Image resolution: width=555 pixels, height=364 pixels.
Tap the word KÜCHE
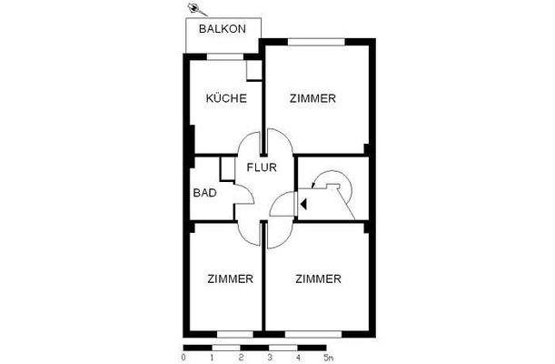225,98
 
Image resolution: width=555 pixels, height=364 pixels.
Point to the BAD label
203,193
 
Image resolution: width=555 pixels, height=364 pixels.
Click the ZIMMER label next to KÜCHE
314,98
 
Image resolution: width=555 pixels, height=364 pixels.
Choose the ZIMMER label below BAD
229,278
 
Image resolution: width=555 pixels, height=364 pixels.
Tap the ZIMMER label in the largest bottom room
318,278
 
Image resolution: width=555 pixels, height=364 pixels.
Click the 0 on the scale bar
183,358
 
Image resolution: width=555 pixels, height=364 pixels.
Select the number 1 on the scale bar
213,358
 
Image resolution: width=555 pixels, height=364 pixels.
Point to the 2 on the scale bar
241,358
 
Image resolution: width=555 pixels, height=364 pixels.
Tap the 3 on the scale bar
269,358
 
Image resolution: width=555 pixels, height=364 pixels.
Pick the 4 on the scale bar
298,358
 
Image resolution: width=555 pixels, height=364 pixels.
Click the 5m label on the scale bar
328,358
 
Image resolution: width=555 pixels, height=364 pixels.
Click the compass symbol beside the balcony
193,9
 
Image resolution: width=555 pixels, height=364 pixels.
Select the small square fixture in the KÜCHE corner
254,71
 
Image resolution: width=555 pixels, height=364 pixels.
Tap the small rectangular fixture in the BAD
228,169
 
